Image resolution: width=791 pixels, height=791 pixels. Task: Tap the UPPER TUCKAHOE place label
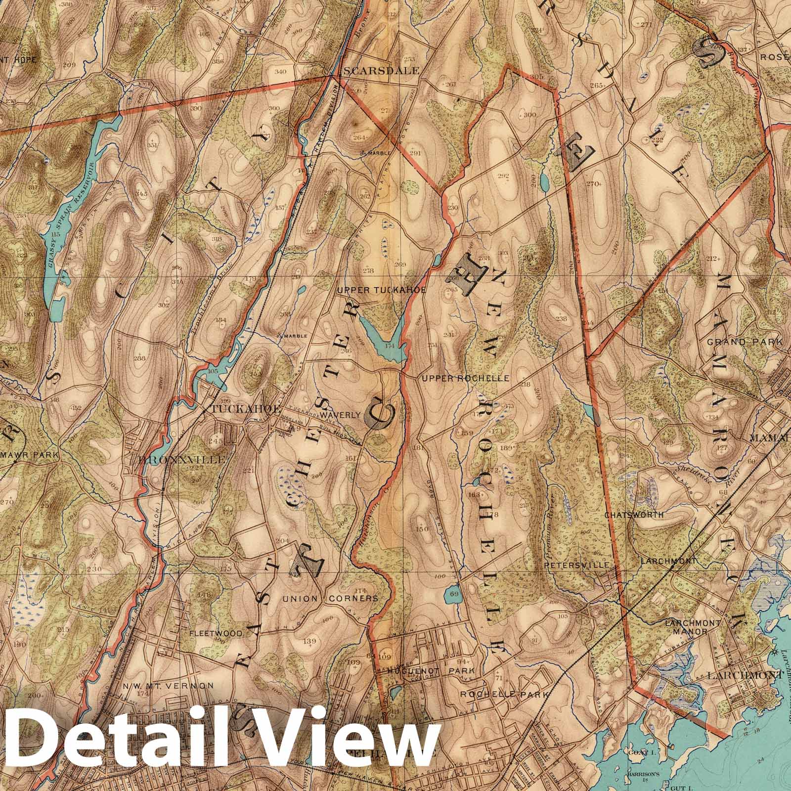[x=381, y=290]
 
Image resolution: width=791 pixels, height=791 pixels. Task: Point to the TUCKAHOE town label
[x=246, y=409]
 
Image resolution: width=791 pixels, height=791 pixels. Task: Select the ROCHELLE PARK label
[x=504, y=694]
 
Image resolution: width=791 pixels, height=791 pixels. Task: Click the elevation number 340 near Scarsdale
[x=280, y=72]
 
